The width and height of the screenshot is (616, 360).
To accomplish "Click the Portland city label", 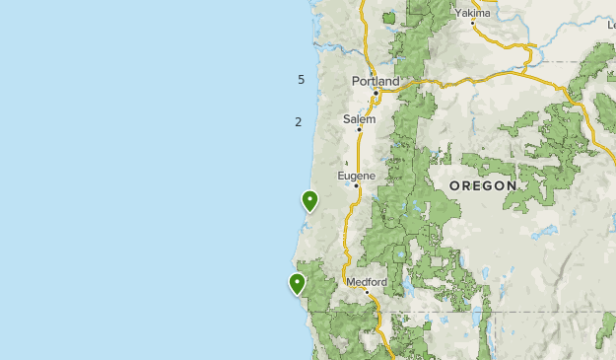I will (376, 81).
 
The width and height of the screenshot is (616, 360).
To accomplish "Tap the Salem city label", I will (359, 118).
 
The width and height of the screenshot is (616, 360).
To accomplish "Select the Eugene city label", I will (357, 176).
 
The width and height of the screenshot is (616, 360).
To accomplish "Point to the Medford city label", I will (366, 281).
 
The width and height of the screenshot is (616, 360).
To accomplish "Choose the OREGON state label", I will (483, 185).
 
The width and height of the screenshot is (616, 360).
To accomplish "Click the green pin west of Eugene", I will (310, 201).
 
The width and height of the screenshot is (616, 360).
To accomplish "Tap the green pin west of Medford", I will (297, 284).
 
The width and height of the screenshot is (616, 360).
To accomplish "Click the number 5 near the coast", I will (301, 80).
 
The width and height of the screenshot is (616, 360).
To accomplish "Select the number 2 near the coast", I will (298, 121).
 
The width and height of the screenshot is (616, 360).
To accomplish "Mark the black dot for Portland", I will (376, 93).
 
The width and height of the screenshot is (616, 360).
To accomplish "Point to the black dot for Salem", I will (359, 129).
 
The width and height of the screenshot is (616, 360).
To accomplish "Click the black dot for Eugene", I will (357, 186).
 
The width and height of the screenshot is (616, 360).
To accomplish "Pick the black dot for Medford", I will (367, 292).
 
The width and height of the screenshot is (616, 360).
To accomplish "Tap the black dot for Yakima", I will (473, 24).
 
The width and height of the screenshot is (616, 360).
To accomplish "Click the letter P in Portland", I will (356, 81).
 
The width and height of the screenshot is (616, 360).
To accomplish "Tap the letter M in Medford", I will (351, 281).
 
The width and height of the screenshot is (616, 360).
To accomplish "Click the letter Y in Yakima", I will (458, 13).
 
